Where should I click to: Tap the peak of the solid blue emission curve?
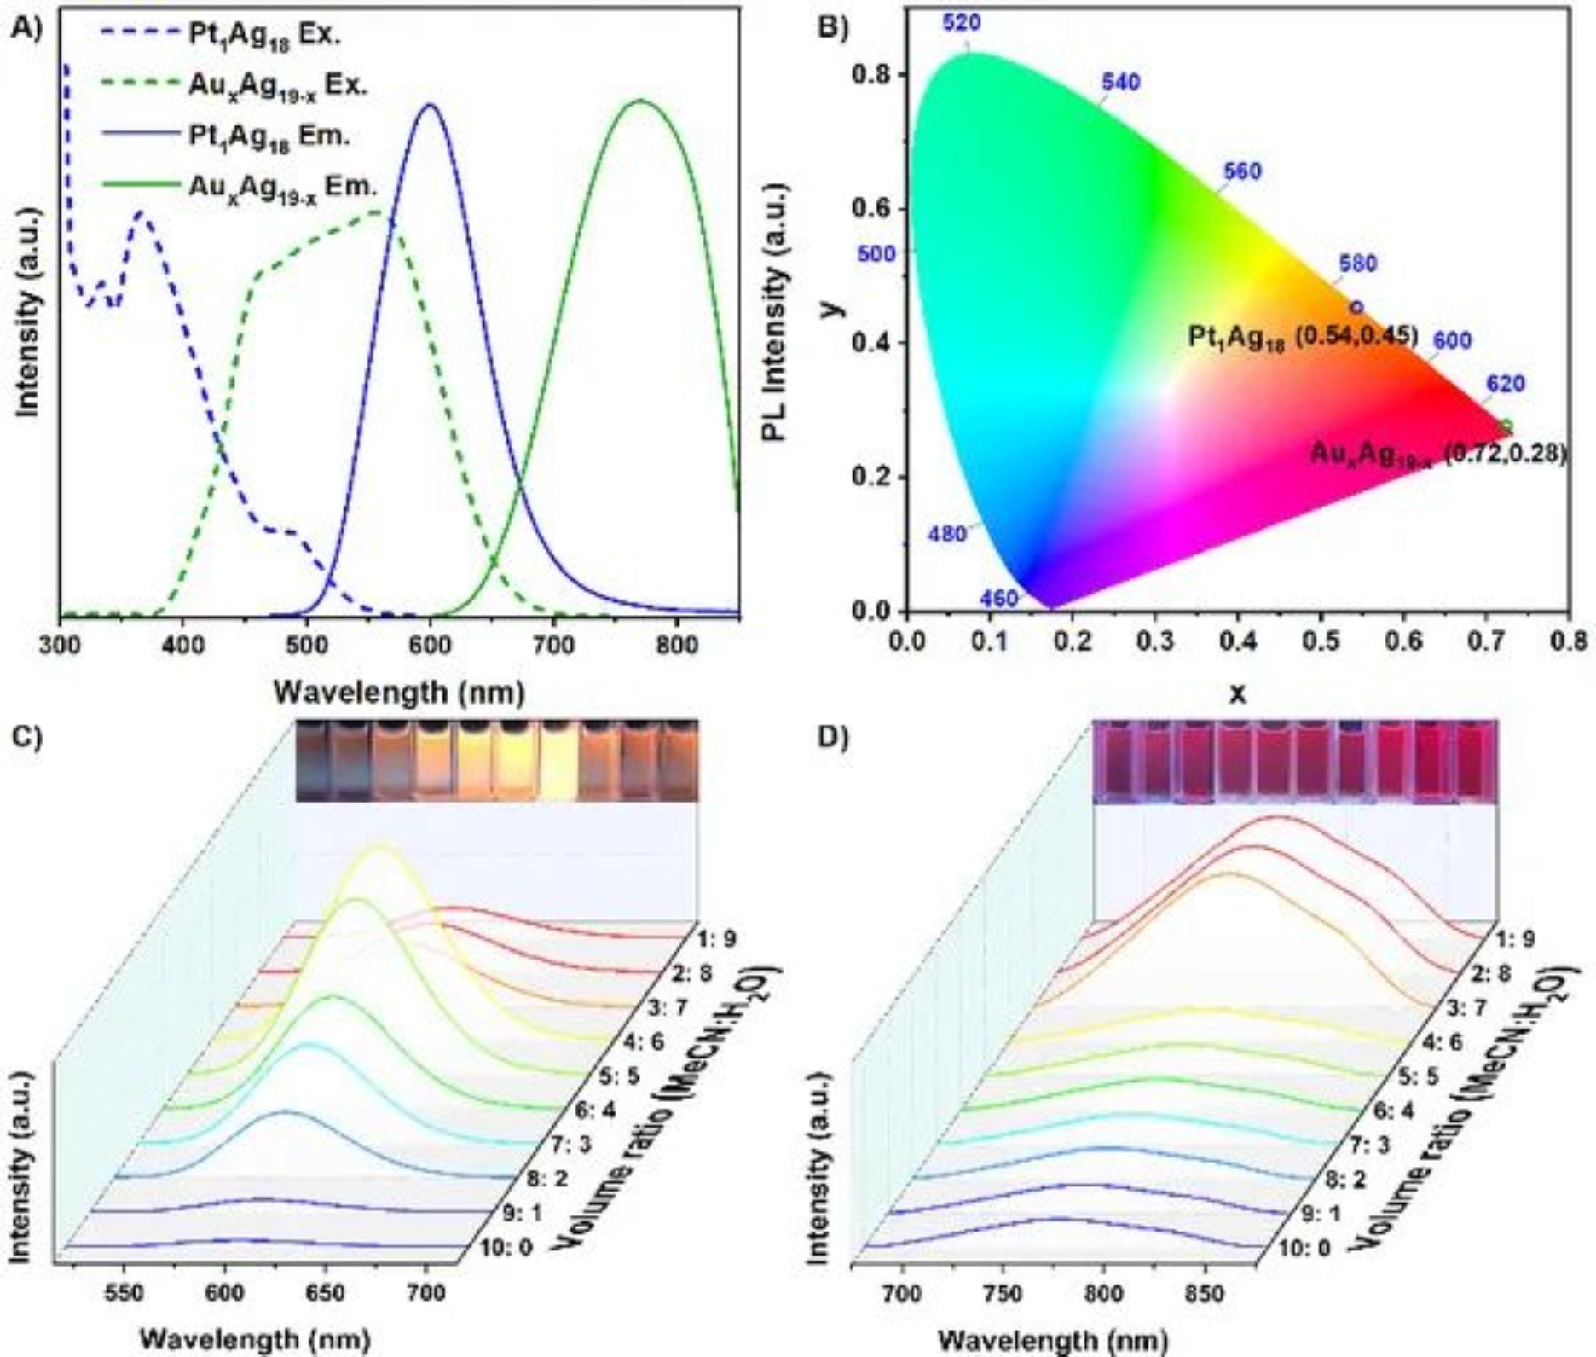pos(430,105)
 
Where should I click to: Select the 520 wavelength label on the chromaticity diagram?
pos(961,23)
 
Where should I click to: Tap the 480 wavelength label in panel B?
pos(946,534)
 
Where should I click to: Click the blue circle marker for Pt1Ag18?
pos(1356,307)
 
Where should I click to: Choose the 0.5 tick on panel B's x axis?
pos(1321,641)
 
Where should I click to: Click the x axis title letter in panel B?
pos(1236,693)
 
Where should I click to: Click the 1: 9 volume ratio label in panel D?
pos(1518,939)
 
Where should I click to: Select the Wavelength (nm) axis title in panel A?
pos(398,693)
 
